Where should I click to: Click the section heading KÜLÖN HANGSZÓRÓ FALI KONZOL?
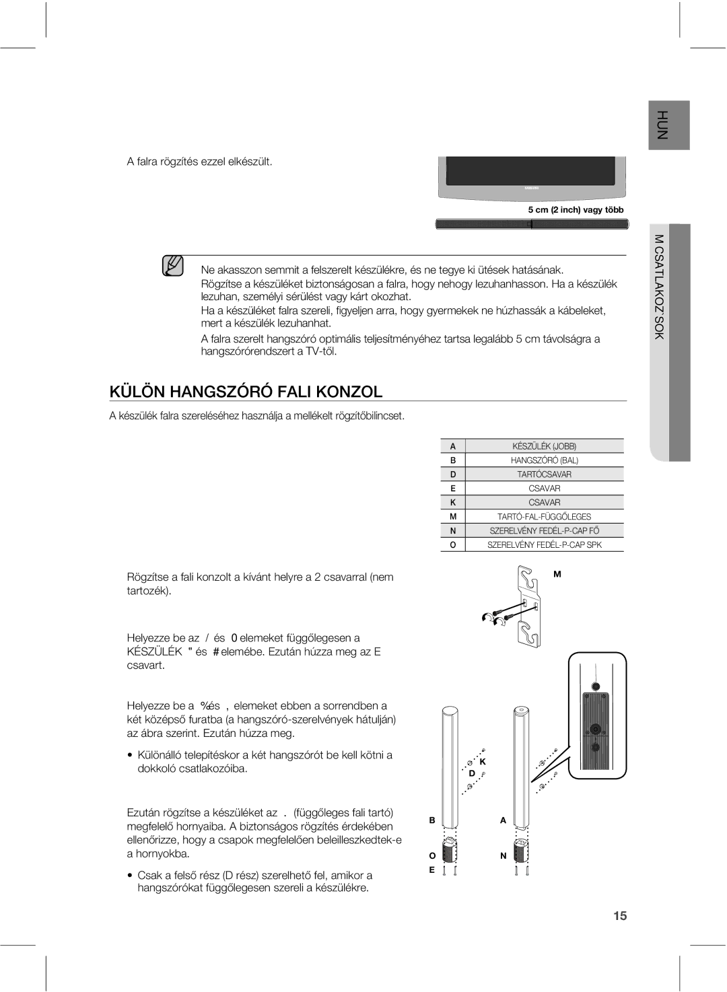pos(246,392)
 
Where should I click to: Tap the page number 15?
pos(620,915)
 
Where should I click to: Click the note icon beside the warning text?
pos(173,267)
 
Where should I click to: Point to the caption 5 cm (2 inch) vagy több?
pos(576,210)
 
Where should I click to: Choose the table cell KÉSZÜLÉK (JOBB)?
pos(545,446)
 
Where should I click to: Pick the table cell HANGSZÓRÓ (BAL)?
pos(545,460)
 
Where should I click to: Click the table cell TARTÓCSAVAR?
pos(545,474)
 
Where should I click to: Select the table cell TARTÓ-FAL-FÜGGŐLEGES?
pos(545,517)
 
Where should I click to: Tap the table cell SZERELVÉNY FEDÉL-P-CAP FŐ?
pos(545,531)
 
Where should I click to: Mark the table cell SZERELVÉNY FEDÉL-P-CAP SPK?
pos(545,545)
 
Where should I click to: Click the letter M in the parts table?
pos(453,517)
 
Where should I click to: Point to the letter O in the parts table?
pos(453,545)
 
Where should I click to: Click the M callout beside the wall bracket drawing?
pos(557,574)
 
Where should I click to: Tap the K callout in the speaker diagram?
pos(483,761)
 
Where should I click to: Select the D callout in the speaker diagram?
pos(473,775)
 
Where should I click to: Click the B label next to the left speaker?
pos(434,821)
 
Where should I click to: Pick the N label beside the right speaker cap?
pos(503,856)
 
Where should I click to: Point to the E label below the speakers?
pos(434,870)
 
